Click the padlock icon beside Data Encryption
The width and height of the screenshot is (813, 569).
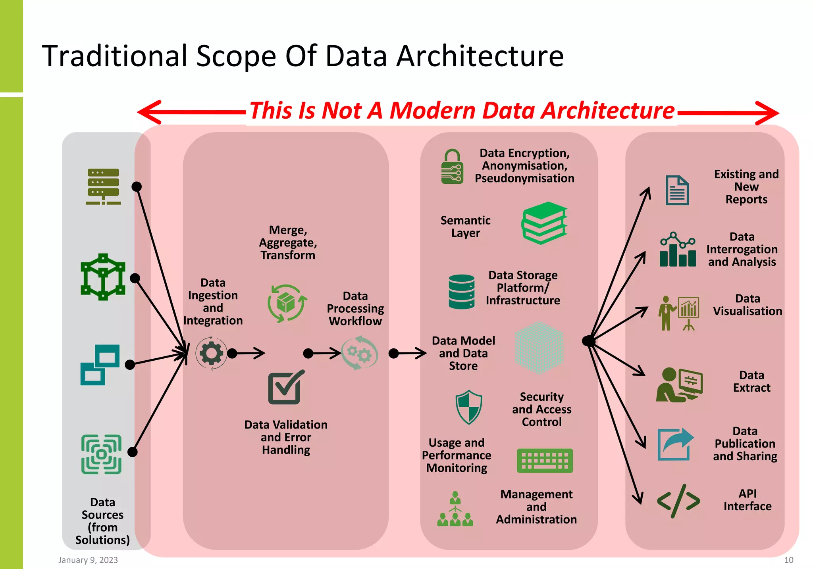tap(452, 167)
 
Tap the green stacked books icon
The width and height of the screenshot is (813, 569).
tap(544, 223)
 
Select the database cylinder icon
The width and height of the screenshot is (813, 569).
tap(461, 292)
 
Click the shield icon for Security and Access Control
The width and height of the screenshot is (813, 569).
tap(469, 407)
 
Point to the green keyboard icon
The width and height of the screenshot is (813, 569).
tap(545, 461)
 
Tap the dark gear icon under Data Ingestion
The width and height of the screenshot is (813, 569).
tap(211, 353)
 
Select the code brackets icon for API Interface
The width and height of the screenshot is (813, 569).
tap(678, 501)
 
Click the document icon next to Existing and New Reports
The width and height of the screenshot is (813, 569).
tap(677, 190)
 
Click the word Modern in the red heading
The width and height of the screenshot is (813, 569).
tap(432, 110)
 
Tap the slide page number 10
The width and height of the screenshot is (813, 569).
tap(788, 560)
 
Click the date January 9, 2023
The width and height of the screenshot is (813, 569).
tap(88, 560)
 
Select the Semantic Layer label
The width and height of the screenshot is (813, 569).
tap(465, 227)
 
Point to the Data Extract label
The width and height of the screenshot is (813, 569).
tap(751, 381)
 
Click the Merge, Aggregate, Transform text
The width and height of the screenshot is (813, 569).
tap(288, 242)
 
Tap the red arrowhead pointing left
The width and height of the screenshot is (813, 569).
tap(149, 112)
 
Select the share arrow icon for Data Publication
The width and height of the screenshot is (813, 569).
tap(675, 444)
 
